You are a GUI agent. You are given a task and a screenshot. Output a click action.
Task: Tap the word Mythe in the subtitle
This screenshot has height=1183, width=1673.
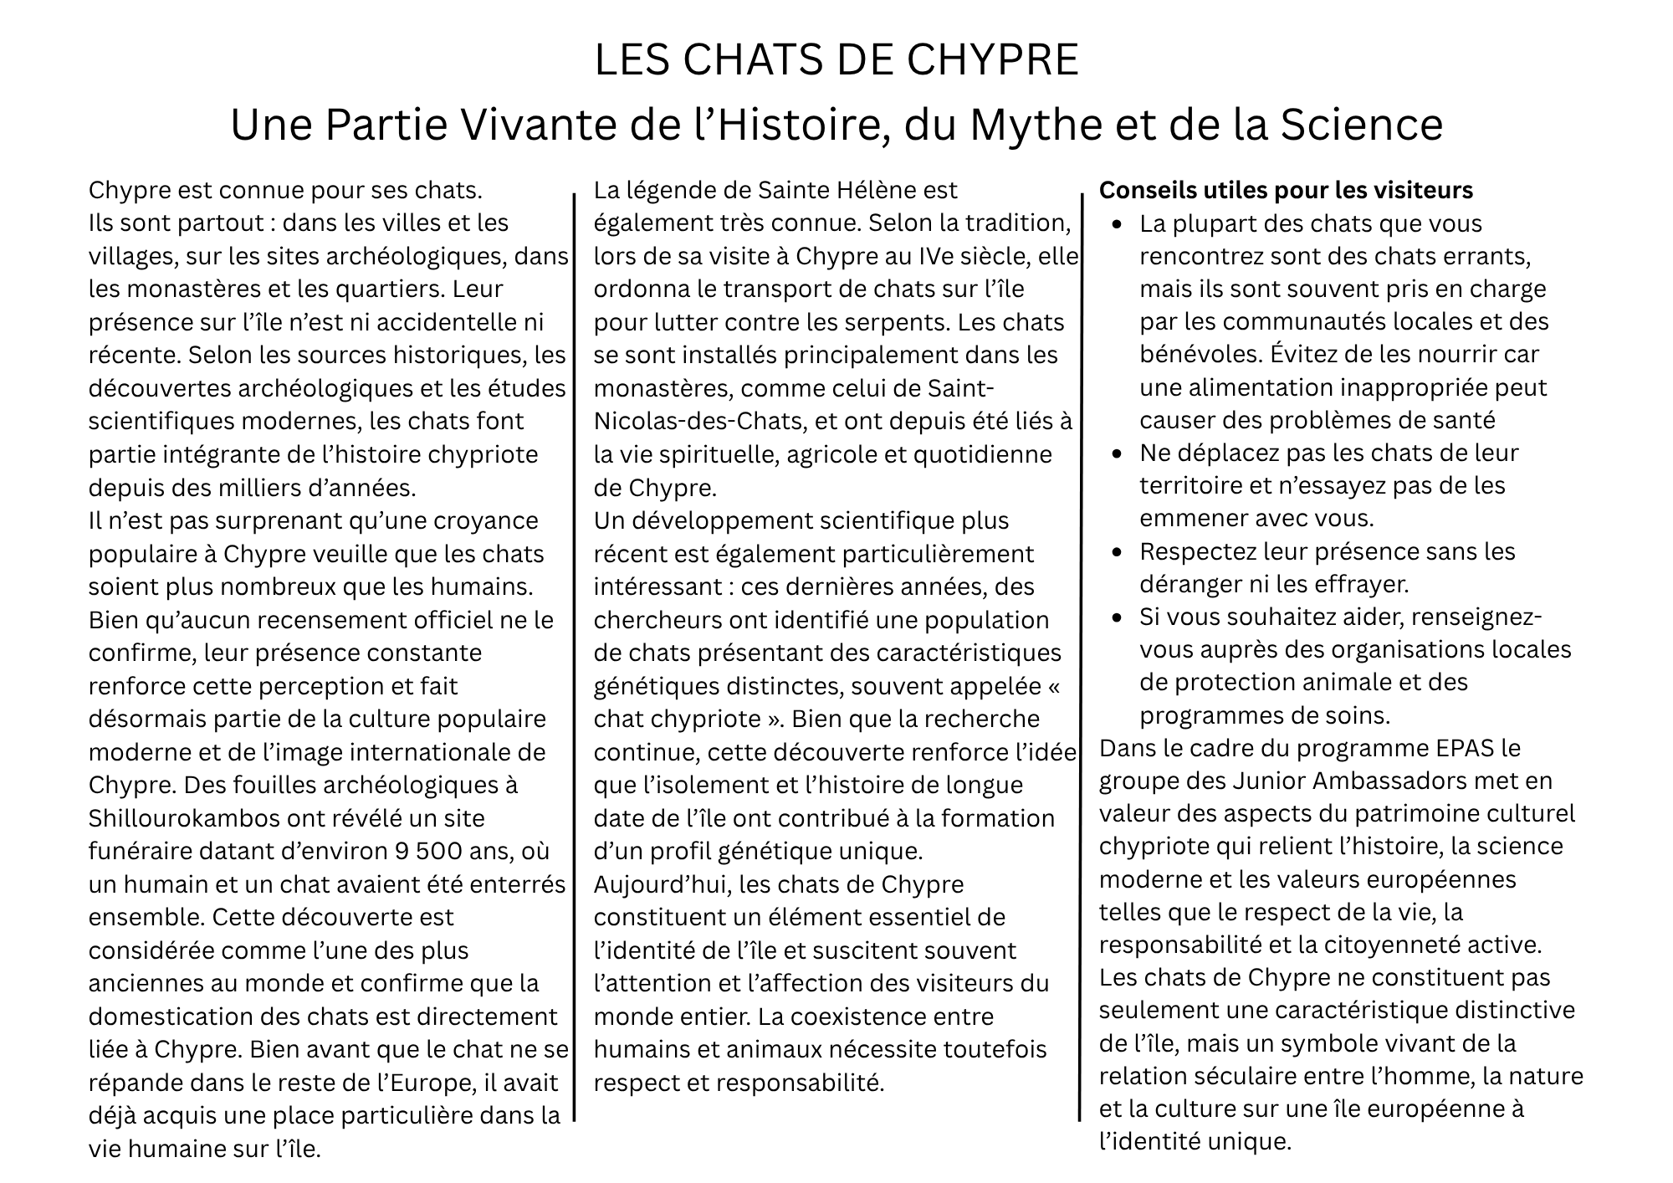coord(1028,125)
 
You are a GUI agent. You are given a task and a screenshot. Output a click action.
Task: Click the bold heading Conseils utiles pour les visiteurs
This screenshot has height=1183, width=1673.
coord(1286,191)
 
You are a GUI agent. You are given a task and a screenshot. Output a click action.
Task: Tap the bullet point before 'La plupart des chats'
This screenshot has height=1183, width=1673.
coord(1118,224)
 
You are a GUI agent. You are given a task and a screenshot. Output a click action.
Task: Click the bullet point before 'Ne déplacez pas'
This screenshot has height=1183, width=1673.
coord(1118,453)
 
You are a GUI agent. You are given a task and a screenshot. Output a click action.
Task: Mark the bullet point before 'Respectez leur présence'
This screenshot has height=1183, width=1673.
coord(1118,552)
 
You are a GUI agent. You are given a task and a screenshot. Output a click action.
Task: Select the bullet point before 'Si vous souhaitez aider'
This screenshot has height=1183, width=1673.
coord(1118,617)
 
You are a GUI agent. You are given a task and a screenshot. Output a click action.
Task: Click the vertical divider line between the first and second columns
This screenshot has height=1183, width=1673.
coord(575,653)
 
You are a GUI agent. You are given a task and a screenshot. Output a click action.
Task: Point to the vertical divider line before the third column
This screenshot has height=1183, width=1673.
coord(1080,653)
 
